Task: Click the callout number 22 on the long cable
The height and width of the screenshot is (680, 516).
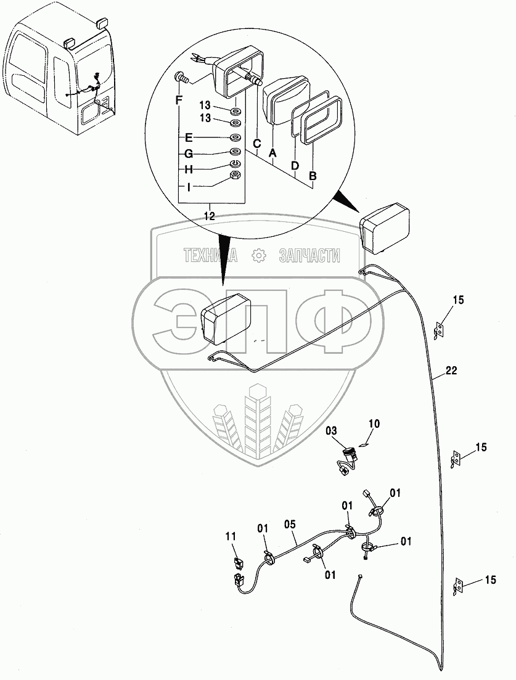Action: click(451, 371)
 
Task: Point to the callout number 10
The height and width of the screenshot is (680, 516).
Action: click(375, 424)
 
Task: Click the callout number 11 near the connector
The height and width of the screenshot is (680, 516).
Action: click(231, 537)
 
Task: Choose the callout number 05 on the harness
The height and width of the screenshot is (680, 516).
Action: click(290, 524)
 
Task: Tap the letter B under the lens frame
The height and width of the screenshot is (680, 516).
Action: click(313, 176)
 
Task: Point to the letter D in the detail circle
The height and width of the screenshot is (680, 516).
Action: click(295, 166)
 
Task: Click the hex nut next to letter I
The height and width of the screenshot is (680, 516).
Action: click(234, 176)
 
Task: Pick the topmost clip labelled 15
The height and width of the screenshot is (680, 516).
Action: click(440, 329)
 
